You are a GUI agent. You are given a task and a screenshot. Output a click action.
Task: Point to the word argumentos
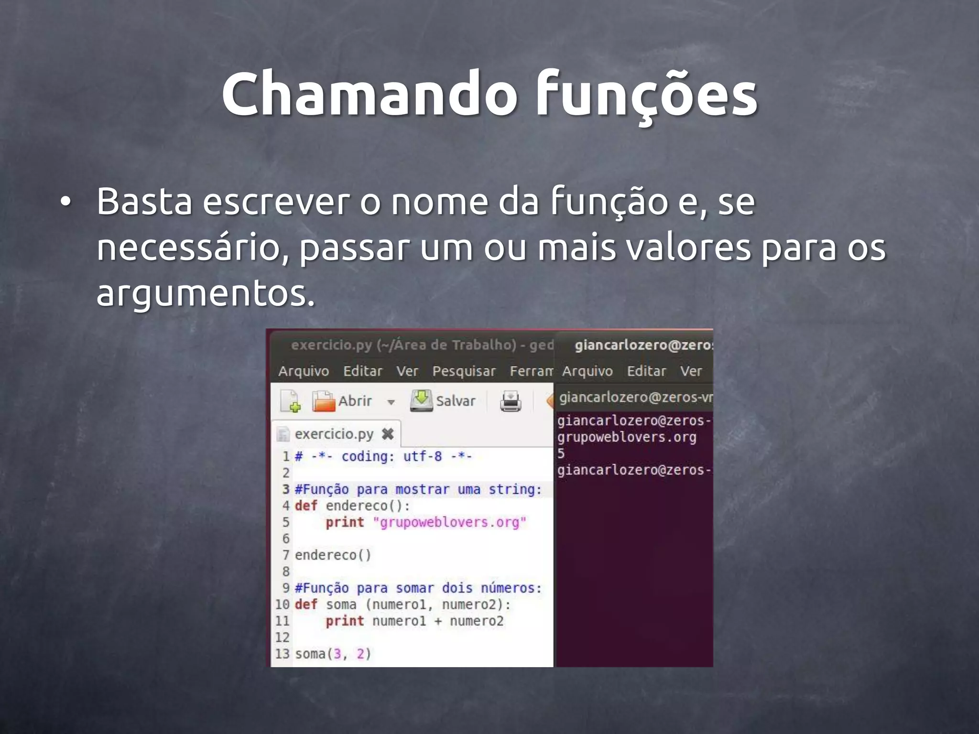(x=206, y=292)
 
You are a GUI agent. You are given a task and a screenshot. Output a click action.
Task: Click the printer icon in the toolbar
(x=510, y=401)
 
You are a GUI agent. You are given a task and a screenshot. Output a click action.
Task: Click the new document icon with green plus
(x=290, y=401)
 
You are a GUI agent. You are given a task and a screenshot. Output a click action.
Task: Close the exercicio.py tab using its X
(x=388, y=434)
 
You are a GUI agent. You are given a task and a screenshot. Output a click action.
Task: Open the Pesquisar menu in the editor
(x=464, y=371)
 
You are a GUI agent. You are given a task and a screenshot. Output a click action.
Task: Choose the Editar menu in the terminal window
(x=646, y=371)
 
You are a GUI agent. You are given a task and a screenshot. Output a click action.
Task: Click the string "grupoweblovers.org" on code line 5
(x=449, y=522)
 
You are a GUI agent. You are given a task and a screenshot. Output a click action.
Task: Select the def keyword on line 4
(x=305, y=506)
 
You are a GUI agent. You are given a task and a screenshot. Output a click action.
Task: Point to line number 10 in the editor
(x=282, y=604)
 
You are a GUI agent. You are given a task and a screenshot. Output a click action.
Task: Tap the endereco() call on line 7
(x=333, y=555)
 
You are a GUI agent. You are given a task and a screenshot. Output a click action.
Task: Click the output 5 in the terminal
(x=561, y=453)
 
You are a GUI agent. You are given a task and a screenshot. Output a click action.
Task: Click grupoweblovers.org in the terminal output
(x=626, y=437)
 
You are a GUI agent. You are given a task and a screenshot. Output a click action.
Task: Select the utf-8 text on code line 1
(x=422, y=456)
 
